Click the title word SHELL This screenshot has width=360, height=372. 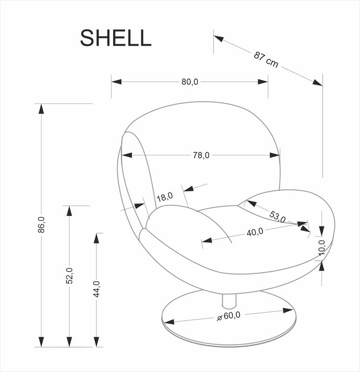tap(115, 38)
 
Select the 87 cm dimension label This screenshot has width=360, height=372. tap(266, 60)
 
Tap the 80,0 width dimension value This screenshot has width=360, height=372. tap(190, 81)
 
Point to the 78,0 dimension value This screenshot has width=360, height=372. tap(201, 156)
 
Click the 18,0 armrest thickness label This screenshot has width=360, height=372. tap(164, 197)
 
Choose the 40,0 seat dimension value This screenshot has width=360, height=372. tap(255, 232)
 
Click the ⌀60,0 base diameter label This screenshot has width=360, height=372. tap(229, 316)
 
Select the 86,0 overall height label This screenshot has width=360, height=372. tap(41, 225)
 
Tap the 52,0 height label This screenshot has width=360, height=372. tap(69, 276)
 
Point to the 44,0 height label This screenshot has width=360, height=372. tap(96, 289)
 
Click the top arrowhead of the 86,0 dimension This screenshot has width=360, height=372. tap(41, 108)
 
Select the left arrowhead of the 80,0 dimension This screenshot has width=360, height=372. tap(116, 81)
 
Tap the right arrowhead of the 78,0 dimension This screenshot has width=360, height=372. tap(275, 156)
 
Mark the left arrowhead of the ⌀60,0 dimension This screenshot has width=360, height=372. tap(168, 322)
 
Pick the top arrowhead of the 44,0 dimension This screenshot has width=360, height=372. tap(96, 238)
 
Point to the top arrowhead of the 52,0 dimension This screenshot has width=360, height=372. tap(69, 211)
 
